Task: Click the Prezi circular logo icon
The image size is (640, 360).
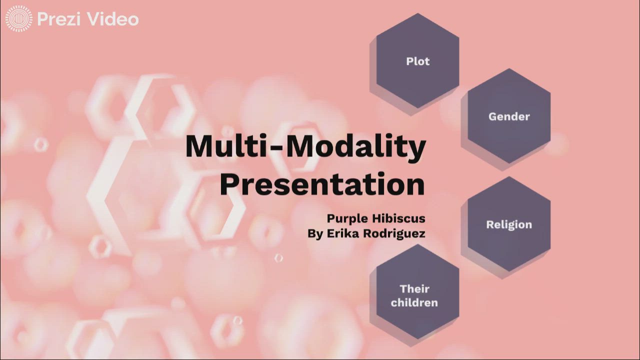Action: (x=19, y=19)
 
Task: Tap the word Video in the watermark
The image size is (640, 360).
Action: (x=113, y=19)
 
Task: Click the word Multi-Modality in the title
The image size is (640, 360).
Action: (x=305, y=147)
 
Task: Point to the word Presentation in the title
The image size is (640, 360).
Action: (x=322, y=183)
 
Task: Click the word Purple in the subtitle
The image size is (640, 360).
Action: (x=348, y=218)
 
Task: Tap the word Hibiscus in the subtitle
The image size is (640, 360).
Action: (x=399, y=218)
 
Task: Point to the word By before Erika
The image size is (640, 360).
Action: (x=315, y=233)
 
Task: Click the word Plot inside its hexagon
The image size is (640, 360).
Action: (x=417, y=61)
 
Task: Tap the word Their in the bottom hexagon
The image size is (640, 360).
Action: (x=414, y=288)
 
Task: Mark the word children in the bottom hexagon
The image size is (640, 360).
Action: (x=414, y=302)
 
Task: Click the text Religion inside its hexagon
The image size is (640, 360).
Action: (x=509, y=224)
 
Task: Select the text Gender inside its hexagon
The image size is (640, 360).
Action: (x=509, y=116)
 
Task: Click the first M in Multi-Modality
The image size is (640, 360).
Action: (x=198, y=147)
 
